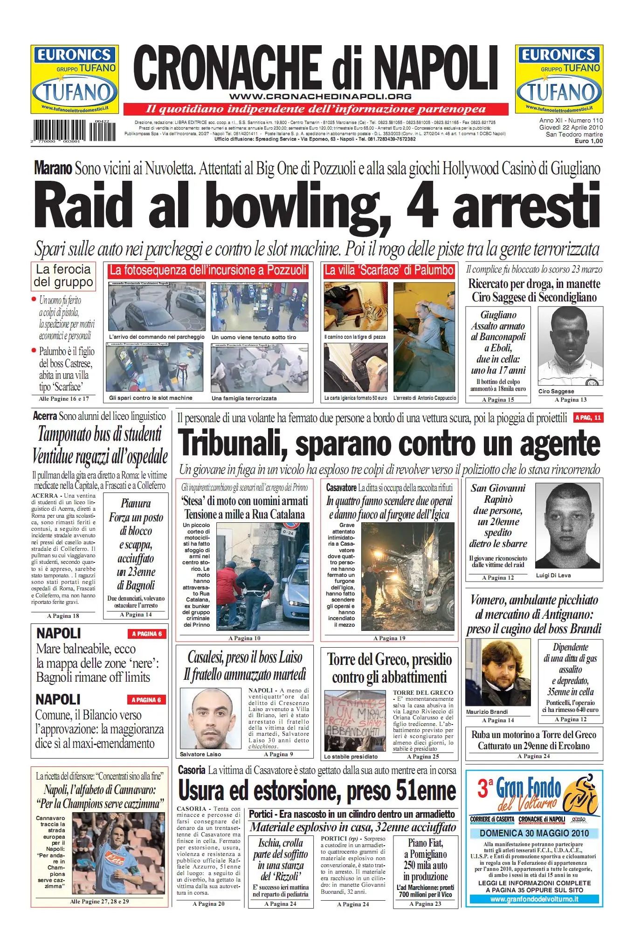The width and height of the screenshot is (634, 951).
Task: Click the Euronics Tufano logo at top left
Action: click(x=75, y=79)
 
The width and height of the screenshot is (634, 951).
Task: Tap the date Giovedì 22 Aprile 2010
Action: click(x=571, y=127)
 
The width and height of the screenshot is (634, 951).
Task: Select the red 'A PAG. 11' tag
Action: click(x=588, y=417)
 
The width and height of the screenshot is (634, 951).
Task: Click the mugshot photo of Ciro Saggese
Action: click(x=570, y=347)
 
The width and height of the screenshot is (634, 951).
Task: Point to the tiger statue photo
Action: click(x=356, y=307)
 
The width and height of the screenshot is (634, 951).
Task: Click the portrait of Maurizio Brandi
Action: click(x=497, y=672)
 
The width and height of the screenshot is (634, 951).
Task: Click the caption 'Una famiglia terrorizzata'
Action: click(x=244, y=398)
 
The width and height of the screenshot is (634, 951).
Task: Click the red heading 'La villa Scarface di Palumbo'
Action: click(x=389, y=270)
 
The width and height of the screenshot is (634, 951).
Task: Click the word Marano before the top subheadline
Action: click(x=53, y=168)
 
